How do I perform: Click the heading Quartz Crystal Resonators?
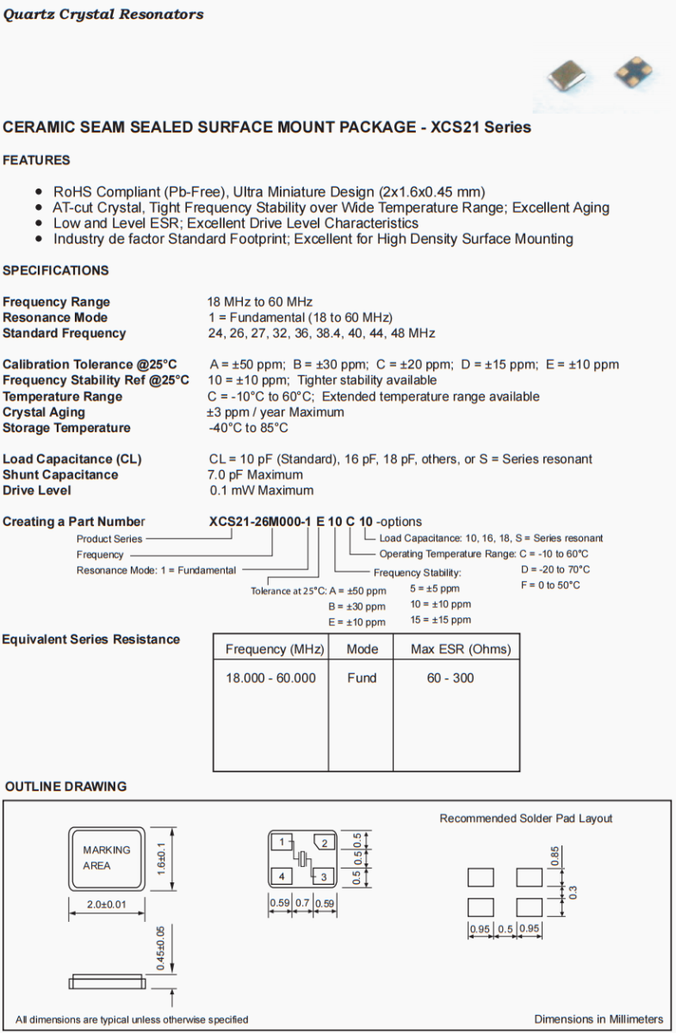click(x=103, y=15)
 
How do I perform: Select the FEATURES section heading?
click(x=37, y=160)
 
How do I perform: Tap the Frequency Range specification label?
click(x=56, y=302)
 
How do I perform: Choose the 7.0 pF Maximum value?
click(x=256, y=475)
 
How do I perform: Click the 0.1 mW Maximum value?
click(x=261, y=491)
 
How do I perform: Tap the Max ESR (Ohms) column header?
click(x=461, y=649)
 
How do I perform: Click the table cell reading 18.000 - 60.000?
click(x=270, y=678)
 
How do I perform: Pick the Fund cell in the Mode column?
click(x=362, y=678)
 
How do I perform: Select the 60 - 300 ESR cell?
click(x=450, y=678)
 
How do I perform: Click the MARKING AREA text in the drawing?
click(x=107, y=858)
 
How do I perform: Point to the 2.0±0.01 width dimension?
click(x=107, y=904)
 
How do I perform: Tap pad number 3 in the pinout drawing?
click(x=324, y=877)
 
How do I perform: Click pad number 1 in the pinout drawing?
click(x=282, y=841)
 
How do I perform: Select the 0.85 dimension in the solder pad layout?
click(x=555, y=857)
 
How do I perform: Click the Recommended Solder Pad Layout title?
click(x=526, y=818)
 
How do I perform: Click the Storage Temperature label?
click(x=66, y=428)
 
